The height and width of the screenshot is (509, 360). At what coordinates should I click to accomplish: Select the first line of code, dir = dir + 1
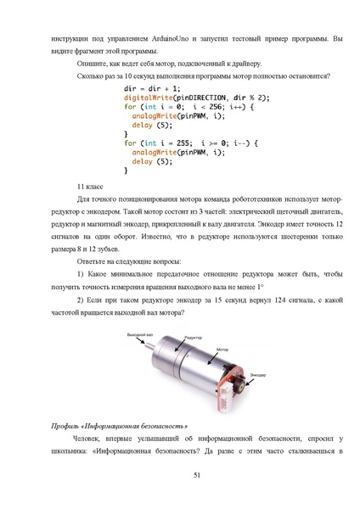[152, 88]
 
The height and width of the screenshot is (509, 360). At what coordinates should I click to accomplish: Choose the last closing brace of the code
[127, 170]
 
